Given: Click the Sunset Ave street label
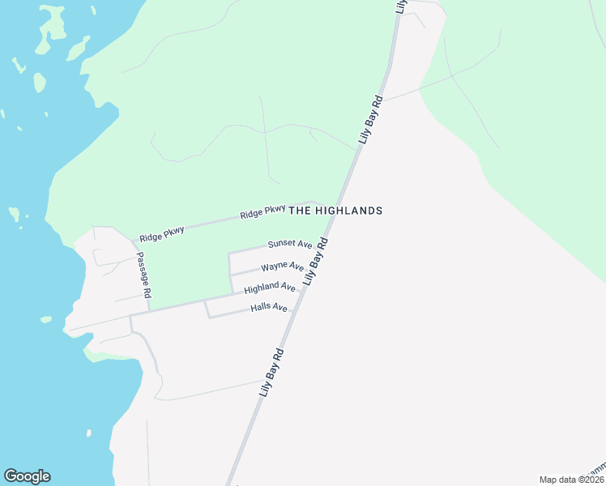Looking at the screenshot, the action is click(x=290, y=244).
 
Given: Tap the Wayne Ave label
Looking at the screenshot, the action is click(x=282, y=266).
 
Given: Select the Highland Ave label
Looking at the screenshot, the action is click(x=270, y=287).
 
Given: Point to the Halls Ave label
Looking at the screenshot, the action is click(x=269, y=308).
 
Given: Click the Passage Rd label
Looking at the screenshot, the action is click(x=143, y=275).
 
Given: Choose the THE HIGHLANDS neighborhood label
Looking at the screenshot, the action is click(x=335, y=211).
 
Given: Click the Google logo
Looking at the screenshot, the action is click(x=27, y=476).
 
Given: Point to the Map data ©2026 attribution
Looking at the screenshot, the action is click(x=571, y=480).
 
